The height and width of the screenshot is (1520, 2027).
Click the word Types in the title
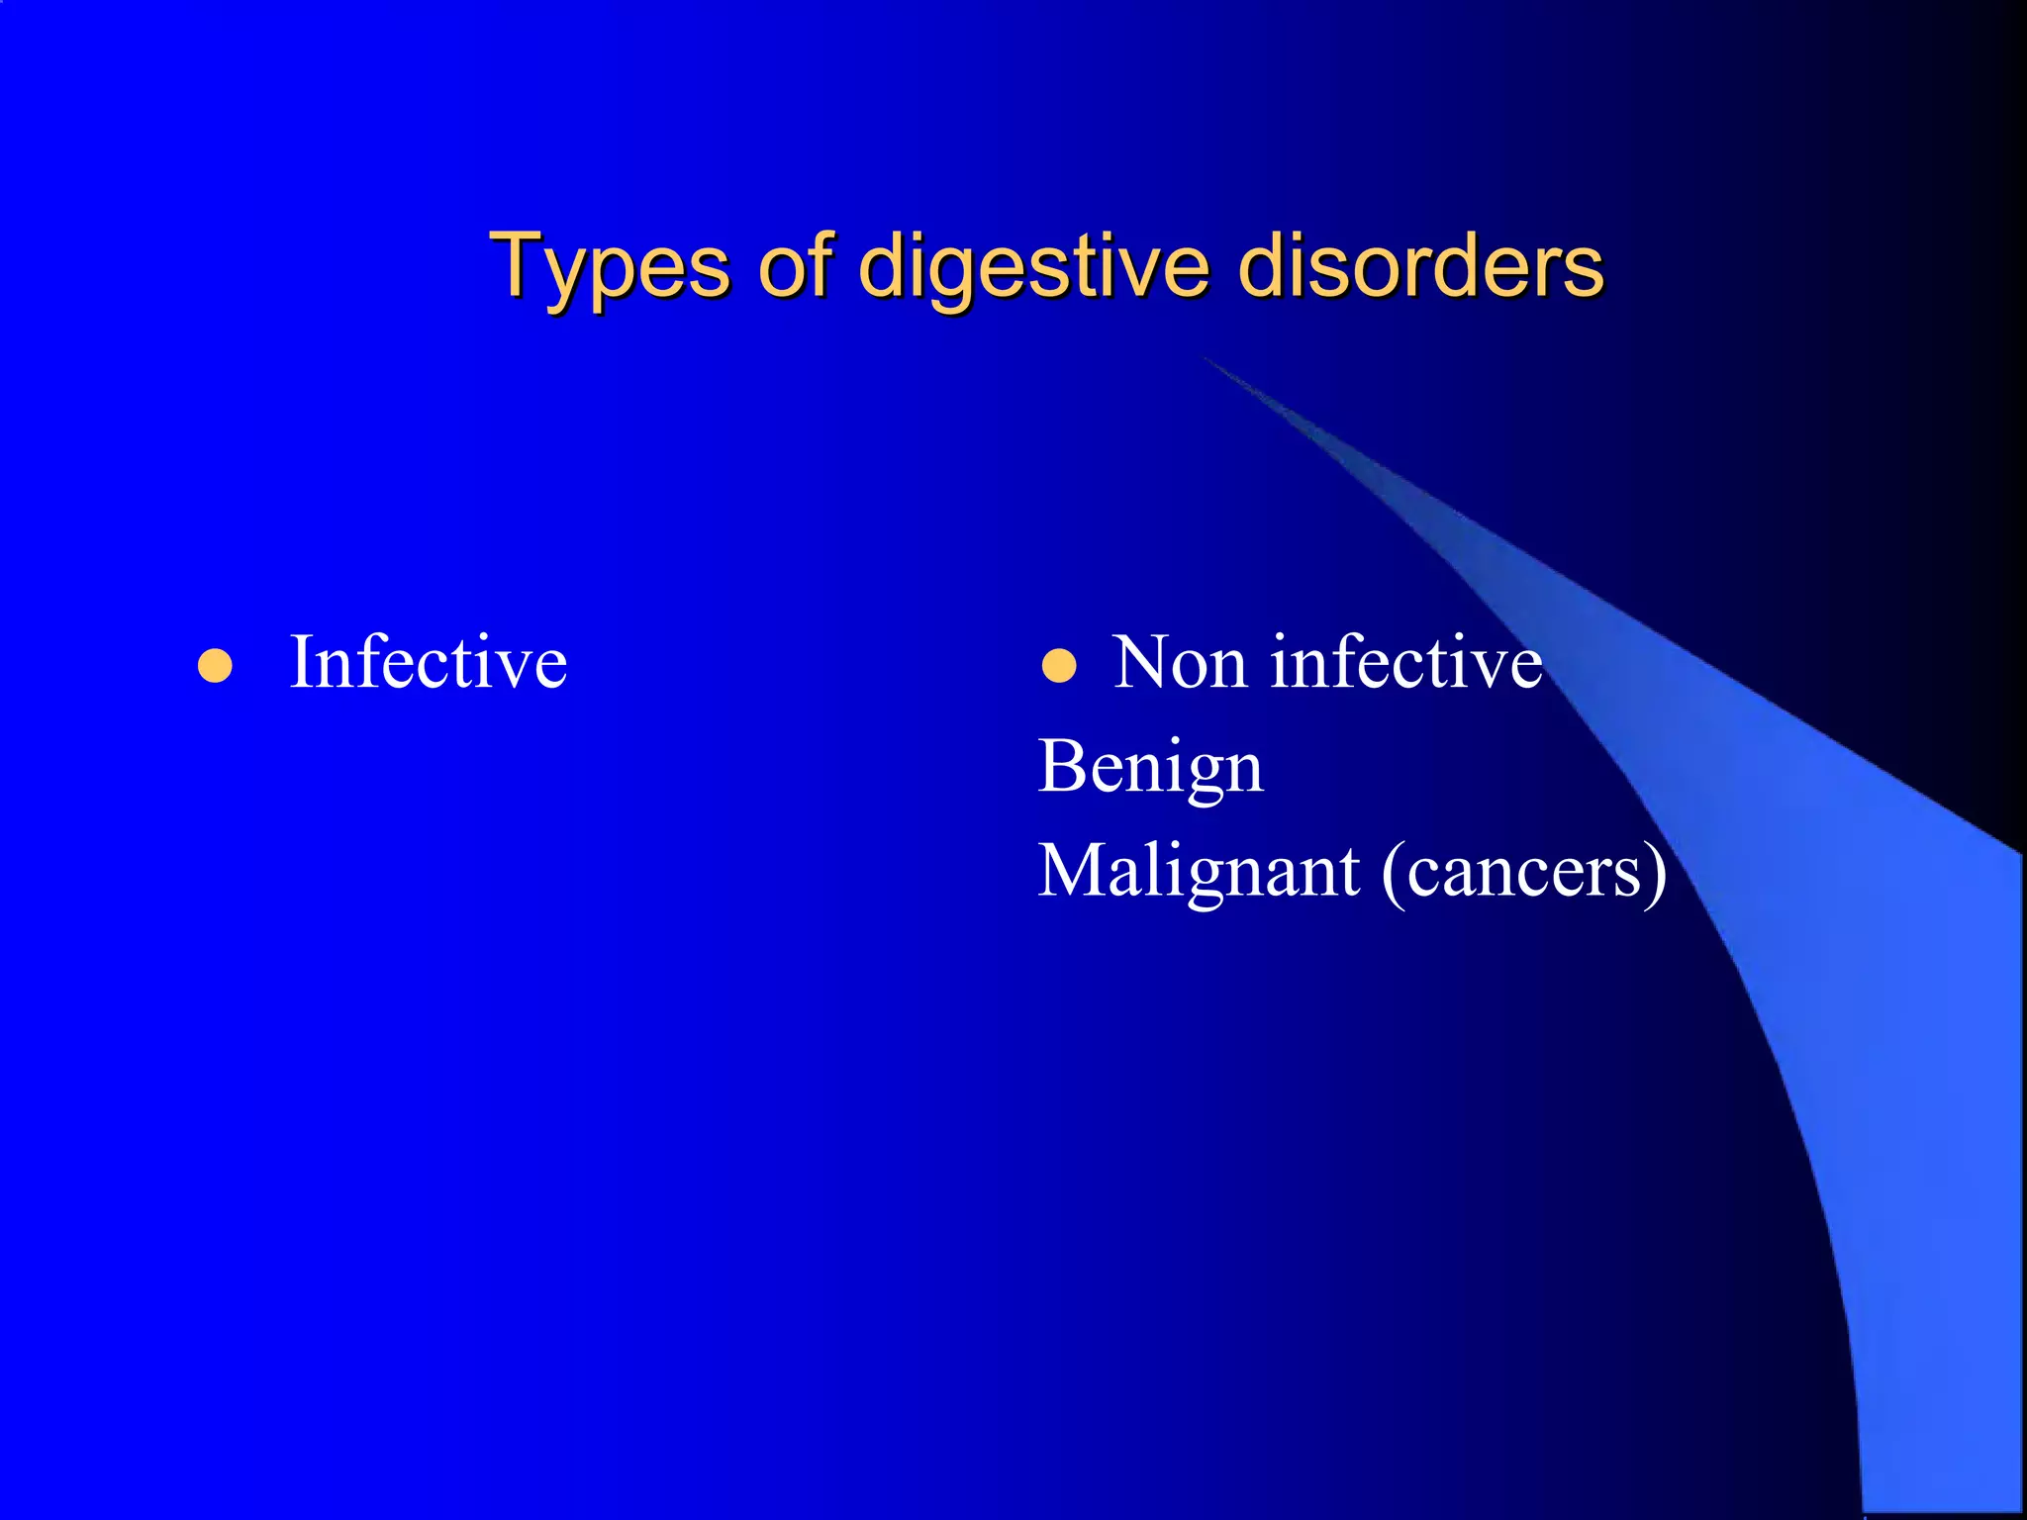(x=610, y=267)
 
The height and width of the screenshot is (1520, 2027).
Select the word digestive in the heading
(x=1033, y=267)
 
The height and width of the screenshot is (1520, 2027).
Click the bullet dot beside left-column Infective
(x=215, y=666)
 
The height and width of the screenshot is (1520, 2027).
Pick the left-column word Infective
(x=428, y=662)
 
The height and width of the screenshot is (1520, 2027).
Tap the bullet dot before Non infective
(x=1059, y=666)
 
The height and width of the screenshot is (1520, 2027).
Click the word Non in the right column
(x=1179, y=662)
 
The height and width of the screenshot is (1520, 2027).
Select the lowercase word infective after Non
(x=1406, y=662)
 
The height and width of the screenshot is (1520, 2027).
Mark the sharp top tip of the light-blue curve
(x=1204, y=356)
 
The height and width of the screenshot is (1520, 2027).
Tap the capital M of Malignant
(x=1073, y=871)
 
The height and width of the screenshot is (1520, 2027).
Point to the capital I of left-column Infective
(x=302, y=662)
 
